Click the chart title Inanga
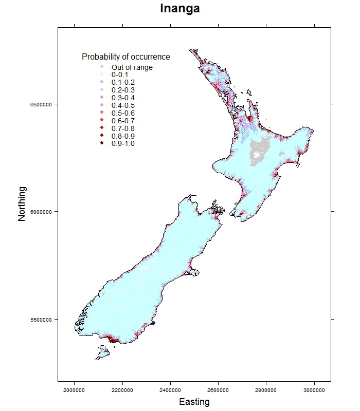[x=179, y=9]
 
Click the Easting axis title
[x=194, y=402]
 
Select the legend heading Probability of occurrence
[x=126, y=57]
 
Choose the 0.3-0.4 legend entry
[x=123, y=98]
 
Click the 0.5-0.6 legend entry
[x=123, y=113]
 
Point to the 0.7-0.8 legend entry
[x=123, y=128]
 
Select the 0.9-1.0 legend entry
[x=123, y=143]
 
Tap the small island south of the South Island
[x=102, y=352]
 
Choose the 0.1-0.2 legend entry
[x=123, y=82]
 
